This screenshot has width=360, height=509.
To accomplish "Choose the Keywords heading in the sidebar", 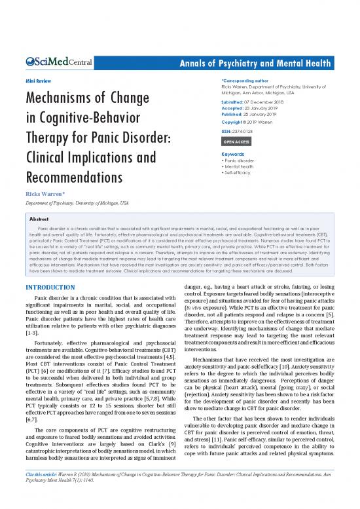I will click(x=237, y=155).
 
